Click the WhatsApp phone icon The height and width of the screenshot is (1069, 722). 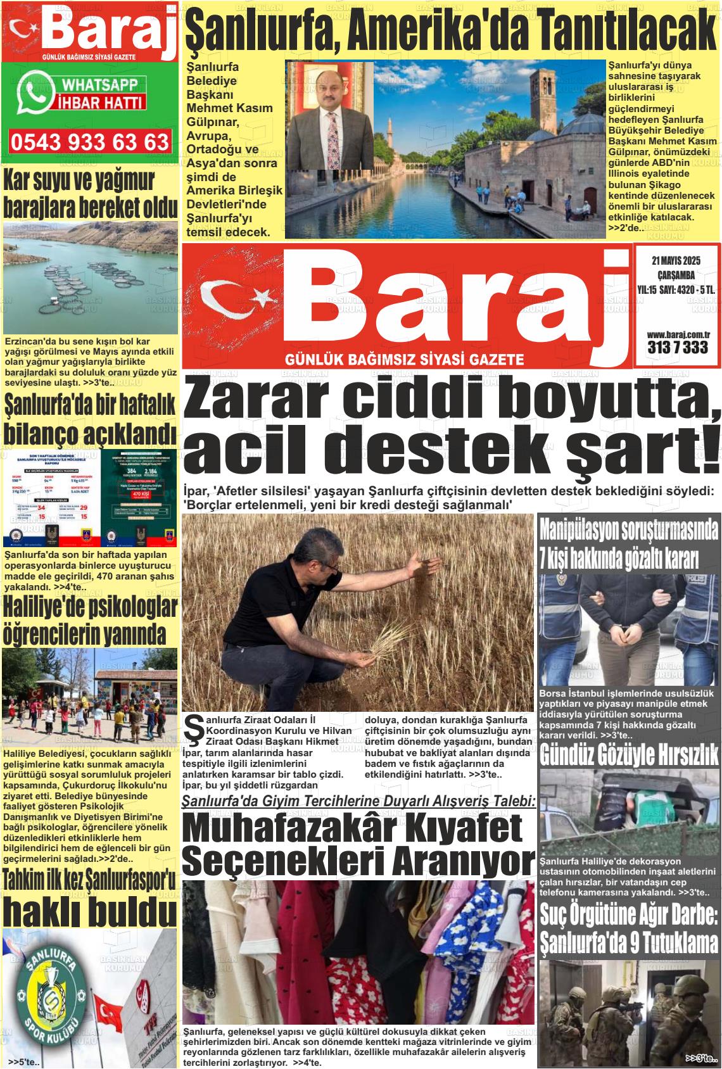tap(37, 92)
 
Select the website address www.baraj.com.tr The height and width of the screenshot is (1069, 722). tap(677, 334)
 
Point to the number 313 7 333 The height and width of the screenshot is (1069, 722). tap(677, 348)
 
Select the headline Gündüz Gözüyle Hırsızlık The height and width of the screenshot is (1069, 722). tap(629, 755)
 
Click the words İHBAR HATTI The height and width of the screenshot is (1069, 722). tap(101, 101)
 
